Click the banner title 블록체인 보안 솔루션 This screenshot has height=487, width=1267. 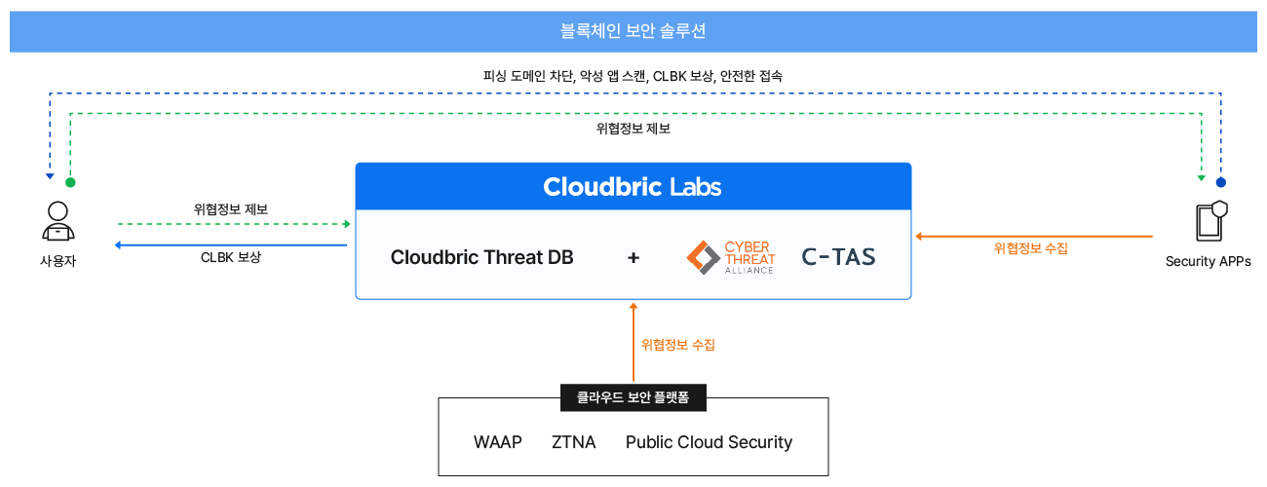633,31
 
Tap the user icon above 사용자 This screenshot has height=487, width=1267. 58,221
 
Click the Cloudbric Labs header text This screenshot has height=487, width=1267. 633,186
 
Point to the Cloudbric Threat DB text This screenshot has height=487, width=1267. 481,257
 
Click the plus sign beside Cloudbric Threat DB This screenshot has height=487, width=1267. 633,257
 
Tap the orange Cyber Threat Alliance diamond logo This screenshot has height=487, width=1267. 703,256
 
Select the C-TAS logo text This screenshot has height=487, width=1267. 838,257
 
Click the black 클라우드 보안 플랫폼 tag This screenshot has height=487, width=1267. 633,397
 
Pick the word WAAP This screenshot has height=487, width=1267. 498,442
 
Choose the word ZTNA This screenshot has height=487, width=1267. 574,442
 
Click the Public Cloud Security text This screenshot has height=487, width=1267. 709,442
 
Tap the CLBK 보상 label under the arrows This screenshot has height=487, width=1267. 231,258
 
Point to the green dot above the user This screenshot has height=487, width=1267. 70,182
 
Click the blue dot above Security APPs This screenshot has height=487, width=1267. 1220,182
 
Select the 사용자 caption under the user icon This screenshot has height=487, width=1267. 58,260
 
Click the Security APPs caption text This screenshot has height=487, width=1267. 1209,261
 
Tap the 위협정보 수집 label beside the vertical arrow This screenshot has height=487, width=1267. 678,345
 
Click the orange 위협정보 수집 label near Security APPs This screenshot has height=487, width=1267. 1031,248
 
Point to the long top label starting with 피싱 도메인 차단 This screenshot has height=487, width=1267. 633,75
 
